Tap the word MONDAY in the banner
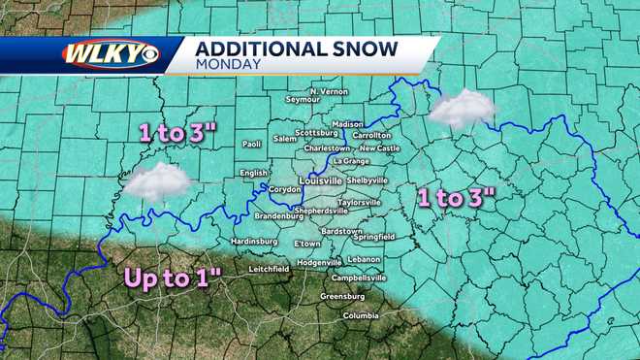(228, 65)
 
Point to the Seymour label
(303, 99)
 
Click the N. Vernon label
(328, 90)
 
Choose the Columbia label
(361, 316)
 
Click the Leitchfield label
(269, 268)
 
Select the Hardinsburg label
(254, 242)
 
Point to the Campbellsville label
(359, 278)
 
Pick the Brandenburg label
(279, 215)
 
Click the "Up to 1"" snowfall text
(172, 278)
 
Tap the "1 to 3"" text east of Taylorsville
(456, 198)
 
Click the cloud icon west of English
(157, 180)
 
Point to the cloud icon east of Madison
(463, 108)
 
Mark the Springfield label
(373, 236)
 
